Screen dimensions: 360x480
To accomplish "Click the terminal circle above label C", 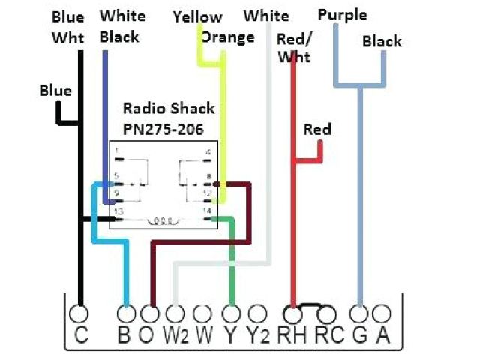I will tap(79, 312).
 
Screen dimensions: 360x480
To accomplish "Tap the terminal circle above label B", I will tap(127, 312).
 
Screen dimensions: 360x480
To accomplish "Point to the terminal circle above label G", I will tap(360, 312).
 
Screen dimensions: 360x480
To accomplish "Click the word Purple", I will tap(342, 15).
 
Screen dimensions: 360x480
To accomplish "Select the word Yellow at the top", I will tap(197, 16).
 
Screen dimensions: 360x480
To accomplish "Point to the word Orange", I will tap(228, 37).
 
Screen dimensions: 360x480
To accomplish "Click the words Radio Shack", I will tap(169, 109).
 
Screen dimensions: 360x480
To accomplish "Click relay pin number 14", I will tap(206, 212).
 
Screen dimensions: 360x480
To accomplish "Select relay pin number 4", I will tap(208, 151).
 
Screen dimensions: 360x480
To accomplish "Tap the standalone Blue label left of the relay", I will tap(56, 91).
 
